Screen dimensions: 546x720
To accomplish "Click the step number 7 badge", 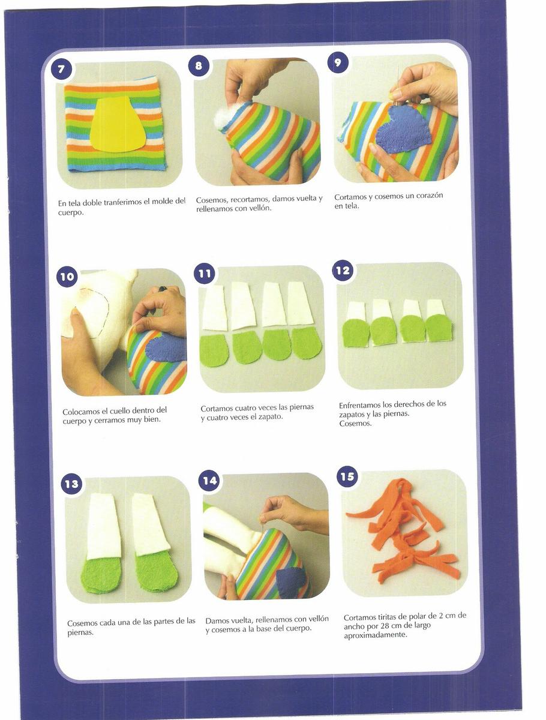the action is coord(61,69).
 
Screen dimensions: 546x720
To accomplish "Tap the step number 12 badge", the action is coord(343,270).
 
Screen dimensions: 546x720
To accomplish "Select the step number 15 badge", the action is coord(347,476).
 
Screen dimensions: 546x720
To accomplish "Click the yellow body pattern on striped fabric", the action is coord(118,124).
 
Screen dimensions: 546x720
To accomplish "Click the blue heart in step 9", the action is coord(403,133).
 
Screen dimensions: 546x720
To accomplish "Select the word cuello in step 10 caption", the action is coord(121,410).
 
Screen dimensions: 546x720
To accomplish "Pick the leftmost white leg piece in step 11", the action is coord(214,308).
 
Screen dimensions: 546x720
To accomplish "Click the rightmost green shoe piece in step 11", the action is coord(306,343).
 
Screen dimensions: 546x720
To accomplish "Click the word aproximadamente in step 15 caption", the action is coord(375,634).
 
